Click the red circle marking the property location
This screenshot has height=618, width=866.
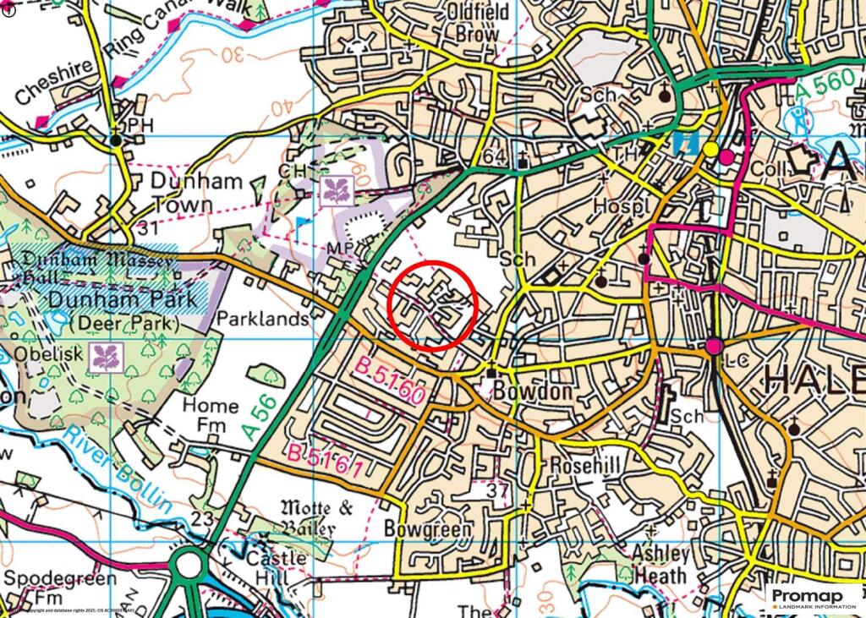pyautogui.click(x=433, y=304)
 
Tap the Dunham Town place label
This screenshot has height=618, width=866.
pyautogui.click(x=197, y=193)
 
